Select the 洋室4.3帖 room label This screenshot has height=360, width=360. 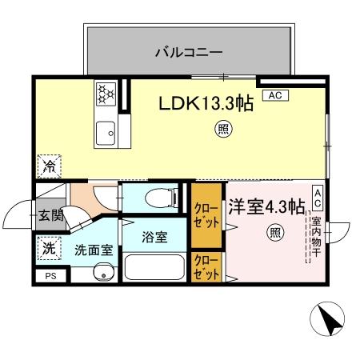(x=266, y=206)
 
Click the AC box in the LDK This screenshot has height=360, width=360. (x=274, y=96)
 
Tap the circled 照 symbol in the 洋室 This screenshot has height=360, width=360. (x=274, y=233)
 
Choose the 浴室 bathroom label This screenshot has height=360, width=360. (x=154, y=237)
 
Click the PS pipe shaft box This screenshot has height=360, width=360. (x=51, y=276)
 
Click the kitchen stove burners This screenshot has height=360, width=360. (x=106, y=94)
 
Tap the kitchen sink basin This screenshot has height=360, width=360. (x=106, y=132)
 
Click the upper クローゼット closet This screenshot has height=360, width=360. (x=206, y=216)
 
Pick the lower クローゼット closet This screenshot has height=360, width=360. (x=206, y=267)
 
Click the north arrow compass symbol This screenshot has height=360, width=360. (x=328, y=321)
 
